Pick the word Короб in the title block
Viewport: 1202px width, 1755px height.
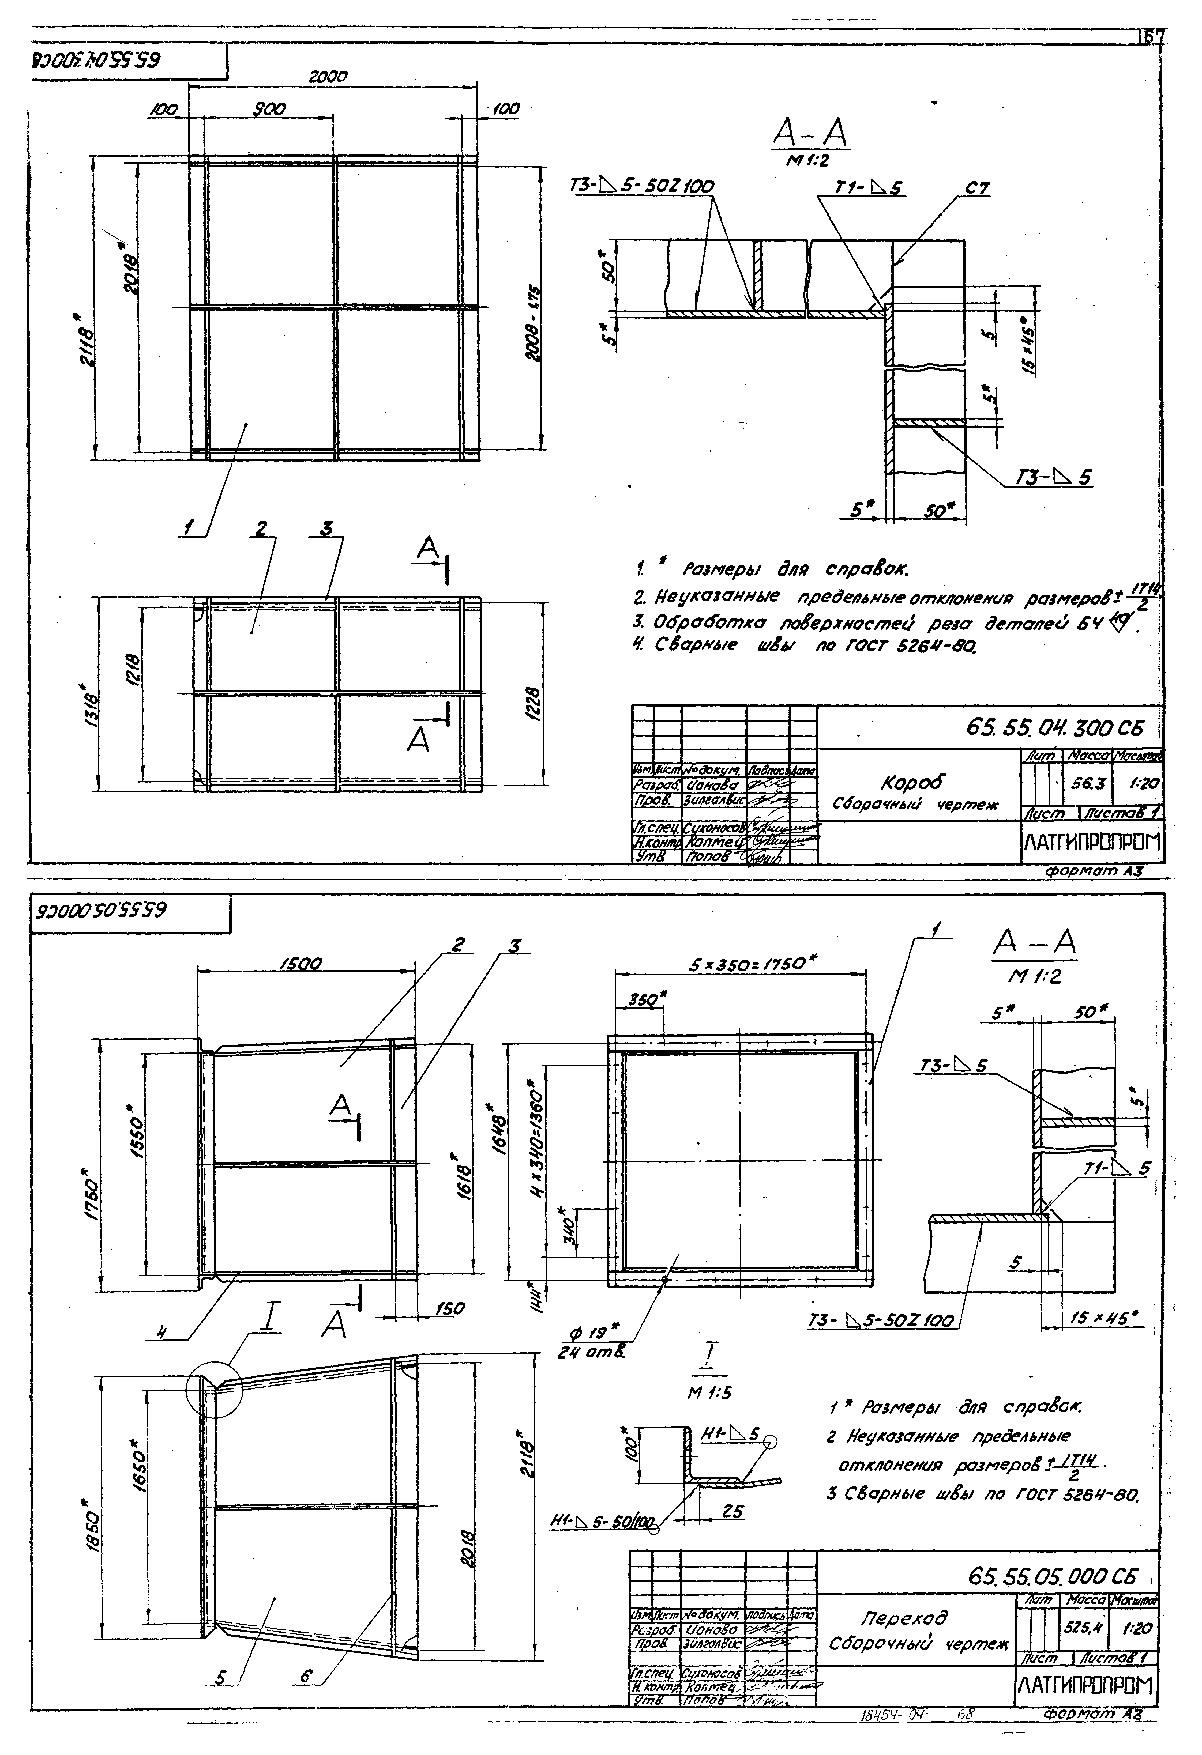[x=914, y=782]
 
